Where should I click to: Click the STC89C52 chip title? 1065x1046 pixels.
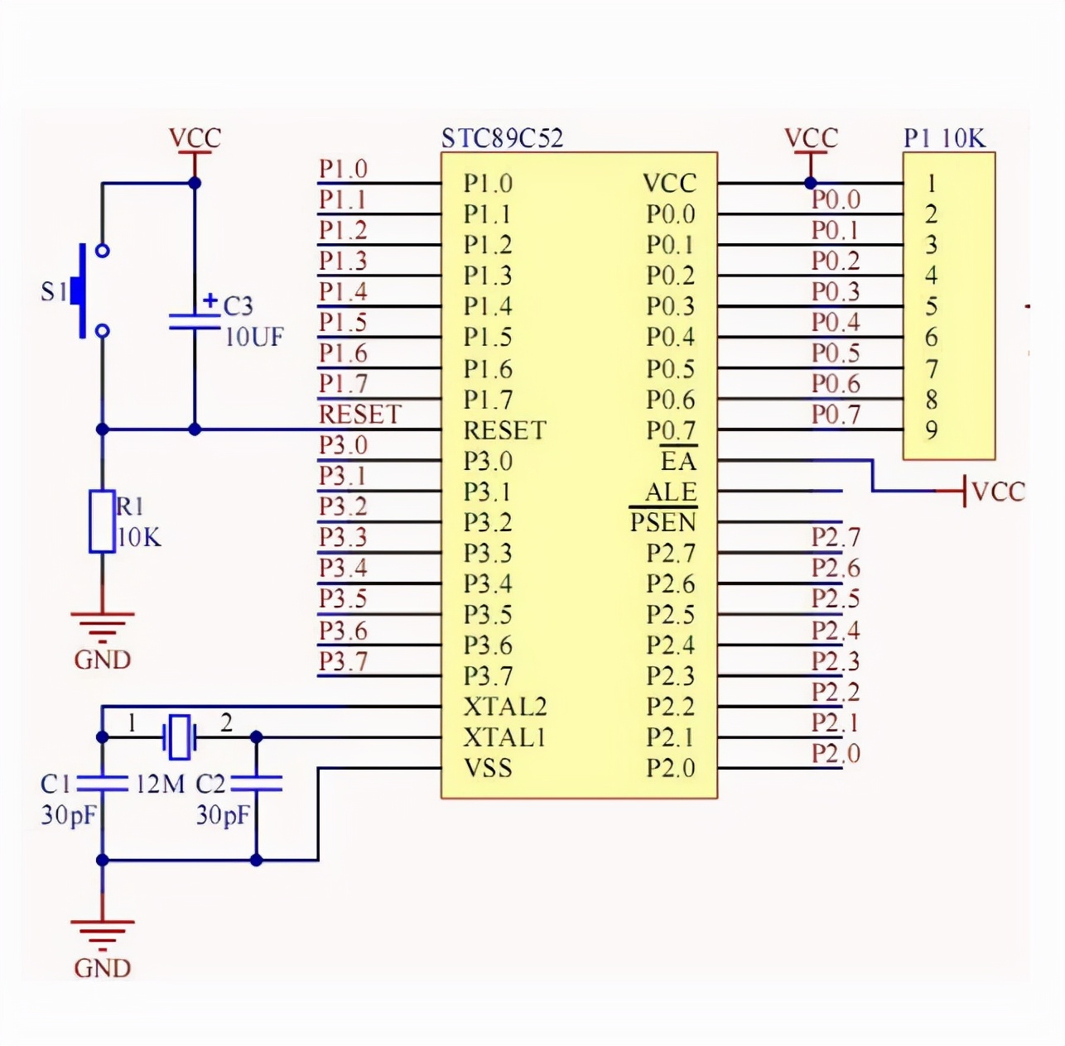pos(502,137)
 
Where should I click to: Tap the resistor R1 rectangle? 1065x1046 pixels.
pos(102,521)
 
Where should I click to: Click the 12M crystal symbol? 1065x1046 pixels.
pos(179,736)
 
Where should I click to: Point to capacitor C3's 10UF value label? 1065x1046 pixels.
pos(254,337)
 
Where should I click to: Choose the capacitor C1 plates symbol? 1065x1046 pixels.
pos(102,783)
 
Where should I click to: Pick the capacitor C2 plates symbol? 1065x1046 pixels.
pos(256,783)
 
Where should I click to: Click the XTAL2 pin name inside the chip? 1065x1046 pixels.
pos(505,707)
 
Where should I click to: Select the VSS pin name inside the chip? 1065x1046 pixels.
pos(488,768)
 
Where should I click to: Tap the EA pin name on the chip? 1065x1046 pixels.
pos(678,461)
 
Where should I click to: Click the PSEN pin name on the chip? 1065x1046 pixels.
pos(663,522)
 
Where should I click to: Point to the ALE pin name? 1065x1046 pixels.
pos(671,492)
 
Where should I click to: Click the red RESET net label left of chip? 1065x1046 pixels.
pos(360,414)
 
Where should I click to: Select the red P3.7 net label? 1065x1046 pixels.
pos(343,661)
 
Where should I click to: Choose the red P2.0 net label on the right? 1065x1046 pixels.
pos(836,753)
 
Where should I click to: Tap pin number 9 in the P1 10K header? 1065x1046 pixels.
pos(932,430)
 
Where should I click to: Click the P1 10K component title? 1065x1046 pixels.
pos(945,137)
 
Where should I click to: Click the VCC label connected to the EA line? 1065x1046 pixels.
pos(998,492)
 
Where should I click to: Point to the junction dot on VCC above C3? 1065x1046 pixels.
pos(195,183)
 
